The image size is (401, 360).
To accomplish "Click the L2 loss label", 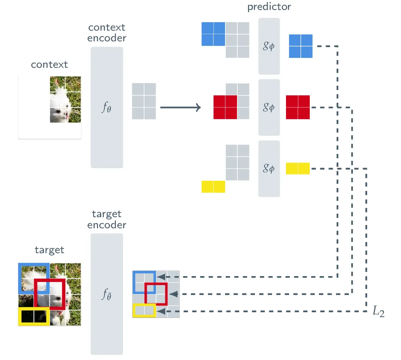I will (378, 312).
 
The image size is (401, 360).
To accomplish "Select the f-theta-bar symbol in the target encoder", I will (107, 294).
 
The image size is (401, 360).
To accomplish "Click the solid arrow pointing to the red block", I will (180, 108).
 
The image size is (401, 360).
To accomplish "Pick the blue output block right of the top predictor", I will (301, 46).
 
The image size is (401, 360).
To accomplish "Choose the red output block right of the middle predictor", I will (298, 107).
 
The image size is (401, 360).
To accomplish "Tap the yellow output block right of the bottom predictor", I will (298, 169).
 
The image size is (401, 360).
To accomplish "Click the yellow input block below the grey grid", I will (213, 187).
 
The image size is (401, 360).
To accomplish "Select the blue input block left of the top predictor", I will (213, 34).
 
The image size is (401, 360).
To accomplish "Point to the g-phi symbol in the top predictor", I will (269, 47).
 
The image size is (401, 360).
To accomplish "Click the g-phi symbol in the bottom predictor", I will (269, 168).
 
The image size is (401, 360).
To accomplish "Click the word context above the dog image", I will (49, 64).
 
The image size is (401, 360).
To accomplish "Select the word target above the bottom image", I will (49, 250).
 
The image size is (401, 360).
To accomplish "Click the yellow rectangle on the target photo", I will (34, 316).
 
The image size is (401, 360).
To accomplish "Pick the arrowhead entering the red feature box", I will (173, 294).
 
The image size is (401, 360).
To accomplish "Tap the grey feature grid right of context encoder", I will (144, 101).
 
